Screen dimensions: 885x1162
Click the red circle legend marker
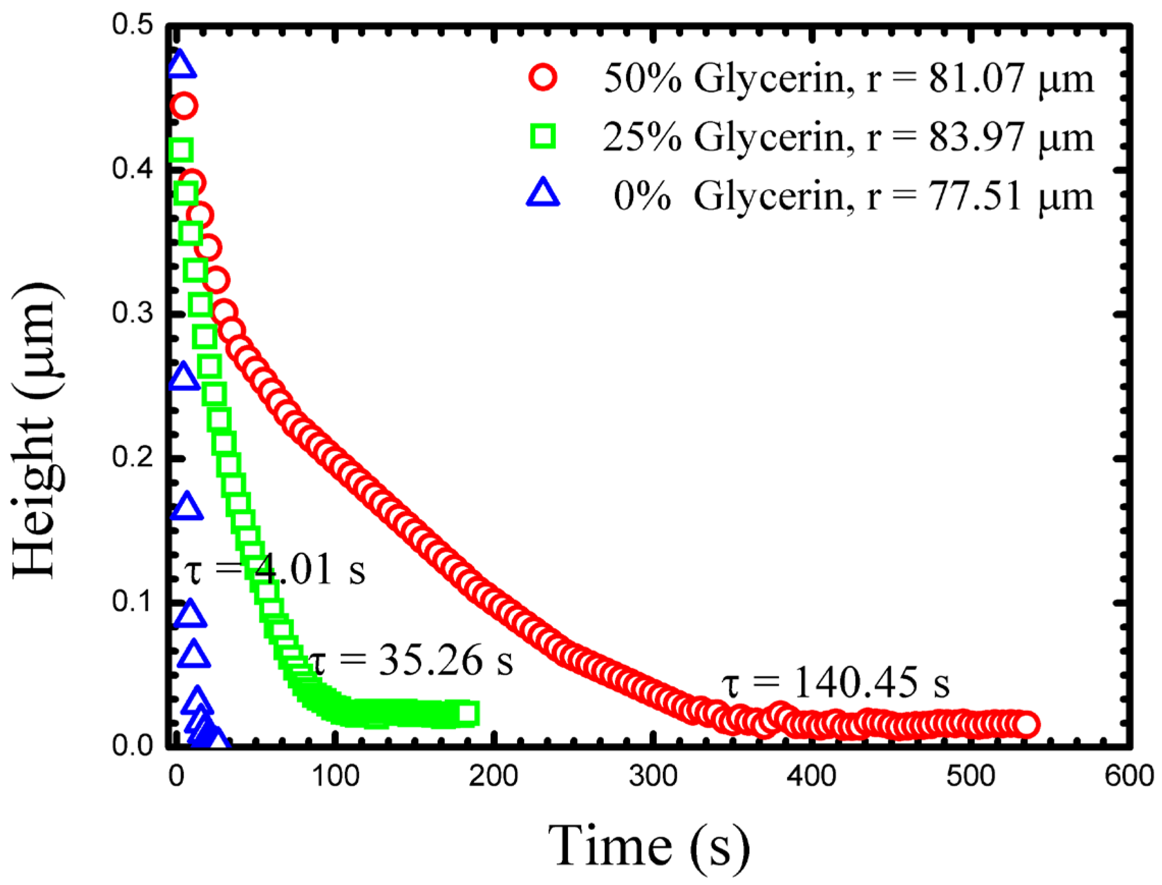[543, 78]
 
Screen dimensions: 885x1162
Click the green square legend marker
[543, 137]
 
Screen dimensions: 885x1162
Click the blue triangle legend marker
[543, 193]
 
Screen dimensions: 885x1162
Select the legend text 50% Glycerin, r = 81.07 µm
[849, 79]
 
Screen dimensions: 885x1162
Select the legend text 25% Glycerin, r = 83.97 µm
[849, 138]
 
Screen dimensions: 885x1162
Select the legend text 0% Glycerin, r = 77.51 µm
[853, 196]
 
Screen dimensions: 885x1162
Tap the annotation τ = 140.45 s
[835, 683]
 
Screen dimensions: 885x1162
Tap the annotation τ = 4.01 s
[274, 570]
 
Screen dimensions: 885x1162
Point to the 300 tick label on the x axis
[653, 776]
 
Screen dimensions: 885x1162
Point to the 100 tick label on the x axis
[336, 776]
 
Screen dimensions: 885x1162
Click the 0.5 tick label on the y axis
[131, 25]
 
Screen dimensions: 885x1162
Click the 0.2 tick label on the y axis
[131, 457]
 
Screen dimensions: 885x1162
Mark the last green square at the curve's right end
[467, 713]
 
